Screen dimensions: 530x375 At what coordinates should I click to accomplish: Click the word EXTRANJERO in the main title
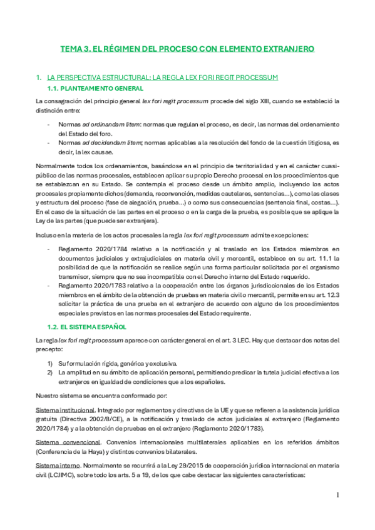[285, 48]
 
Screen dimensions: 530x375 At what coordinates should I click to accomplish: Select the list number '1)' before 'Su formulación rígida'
[50, 362]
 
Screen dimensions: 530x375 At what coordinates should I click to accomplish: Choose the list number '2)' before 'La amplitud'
[50, 372]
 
